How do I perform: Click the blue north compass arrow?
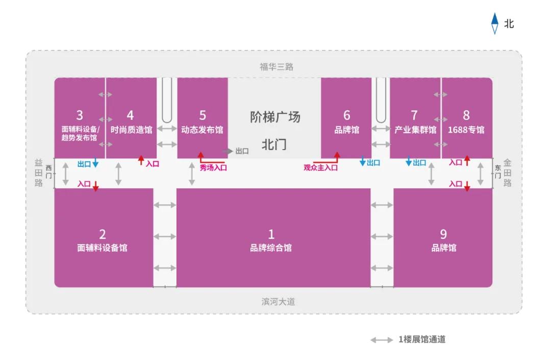494,23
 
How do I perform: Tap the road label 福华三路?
276,67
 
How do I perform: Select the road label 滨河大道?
278,302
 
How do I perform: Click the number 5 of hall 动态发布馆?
203,115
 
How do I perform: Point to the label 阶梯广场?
275,117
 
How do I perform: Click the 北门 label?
274,145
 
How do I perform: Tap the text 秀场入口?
213,167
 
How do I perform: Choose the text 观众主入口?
320,167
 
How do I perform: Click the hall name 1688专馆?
466,130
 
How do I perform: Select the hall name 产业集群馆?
415,130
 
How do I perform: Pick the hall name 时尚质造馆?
132,130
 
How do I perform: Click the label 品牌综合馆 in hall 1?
271,248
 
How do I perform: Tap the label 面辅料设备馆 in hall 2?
102,248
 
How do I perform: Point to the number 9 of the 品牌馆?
443,234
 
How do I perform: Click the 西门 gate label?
49,172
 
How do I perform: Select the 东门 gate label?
497,172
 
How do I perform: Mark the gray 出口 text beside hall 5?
242,151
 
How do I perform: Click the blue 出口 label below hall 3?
84,164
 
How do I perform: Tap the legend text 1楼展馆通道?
422,339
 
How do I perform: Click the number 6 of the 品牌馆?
347,115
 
